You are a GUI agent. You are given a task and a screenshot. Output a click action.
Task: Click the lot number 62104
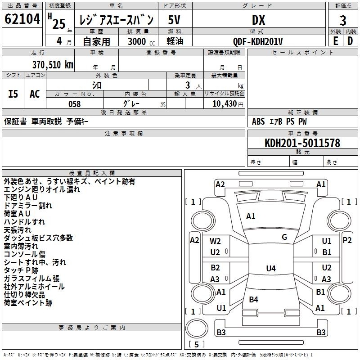22,19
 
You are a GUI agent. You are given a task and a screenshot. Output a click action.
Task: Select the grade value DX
258,20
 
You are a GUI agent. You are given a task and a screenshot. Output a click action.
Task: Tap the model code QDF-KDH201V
257,41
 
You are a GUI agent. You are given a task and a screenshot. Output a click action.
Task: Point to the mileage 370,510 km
53,65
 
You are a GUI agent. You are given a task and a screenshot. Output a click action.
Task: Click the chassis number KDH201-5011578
302,143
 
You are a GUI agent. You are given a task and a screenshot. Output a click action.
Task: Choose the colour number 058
75,104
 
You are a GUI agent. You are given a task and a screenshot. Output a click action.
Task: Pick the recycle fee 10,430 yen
228,104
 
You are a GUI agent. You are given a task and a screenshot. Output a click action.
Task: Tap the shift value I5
13,94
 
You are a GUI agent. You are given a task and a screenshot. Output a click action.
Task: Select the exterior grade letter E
336,41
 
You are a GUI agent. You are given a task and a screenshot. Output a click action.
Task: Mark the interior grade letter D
350,41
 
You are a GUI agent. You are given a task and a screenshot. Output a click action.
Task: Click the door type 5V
174,20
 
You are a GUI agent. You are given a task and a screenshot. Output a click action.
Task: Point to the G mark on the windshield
284,237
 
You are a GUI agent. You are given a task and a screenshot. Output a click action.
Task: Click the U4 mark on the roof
271,268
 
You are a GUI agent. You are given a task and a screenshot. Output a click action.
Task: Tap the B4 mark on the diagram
253,299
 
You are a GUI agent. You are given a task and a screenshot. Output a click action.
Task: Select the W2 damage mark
215,241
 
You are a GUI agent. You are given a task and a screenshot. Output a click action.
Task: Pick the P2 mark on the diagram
347,240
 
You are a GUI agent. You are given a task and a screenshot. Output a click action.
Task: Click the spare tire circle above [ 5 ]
197,328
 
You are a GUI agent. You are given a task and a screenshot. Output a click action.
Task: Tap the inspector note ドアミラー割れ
28,206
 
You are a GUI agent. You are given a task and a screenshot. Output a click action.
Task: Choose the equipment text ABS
258,121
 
